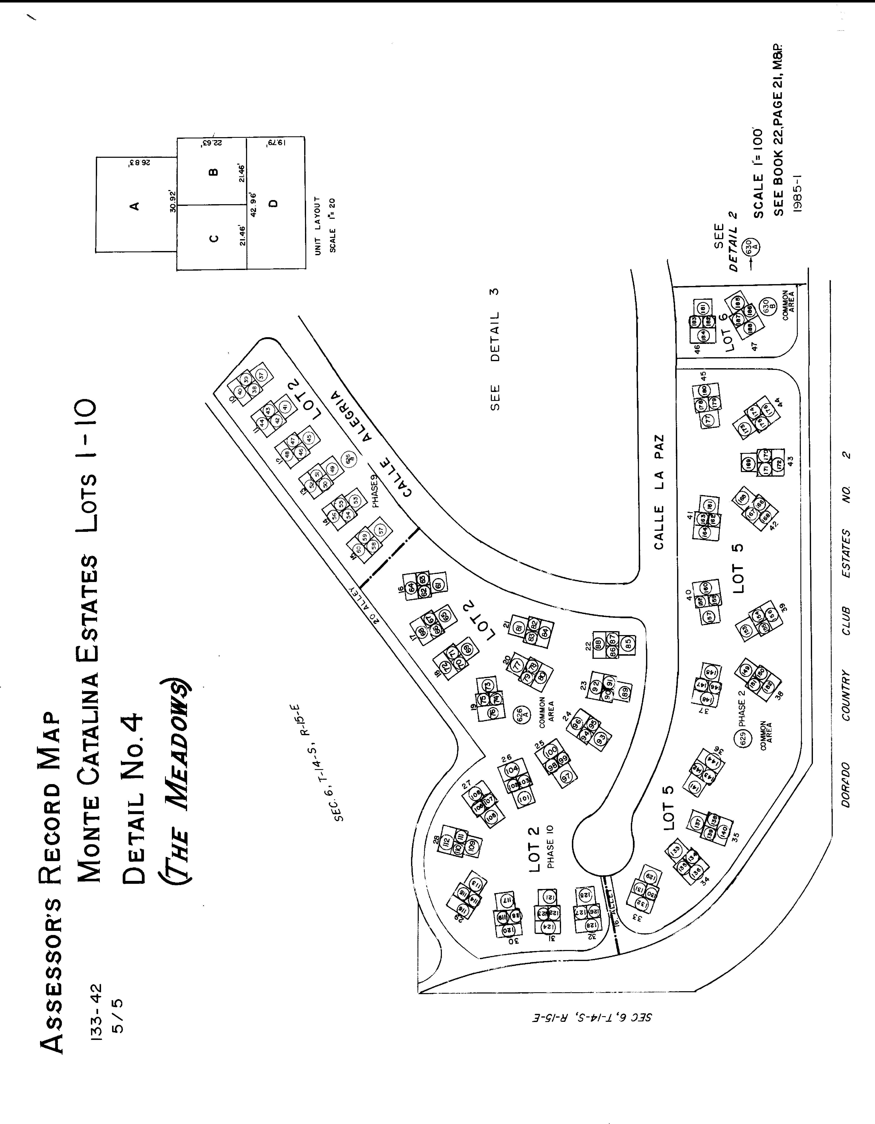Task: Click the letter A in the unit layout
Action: point(135,206)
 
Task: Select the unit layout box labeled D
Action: point(273,203)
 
